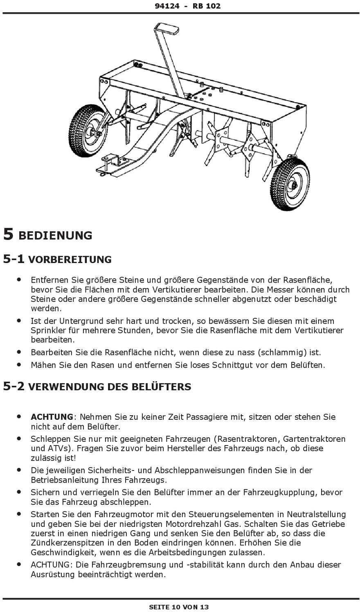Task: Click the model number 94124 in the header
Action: [167, 6]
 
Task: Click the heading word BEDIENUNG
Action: [56, 236]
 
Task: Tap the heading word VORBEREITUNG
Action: [70, 260]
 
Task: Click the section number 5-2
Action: [14, 387]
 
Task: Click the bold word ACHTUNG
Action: [52, 417]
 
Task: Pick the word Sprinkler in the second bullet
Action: [47, 330]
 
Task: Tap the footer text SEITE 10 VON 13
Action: [179, 607]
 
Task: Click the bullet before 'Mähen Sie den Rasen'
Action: [18, 364]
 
